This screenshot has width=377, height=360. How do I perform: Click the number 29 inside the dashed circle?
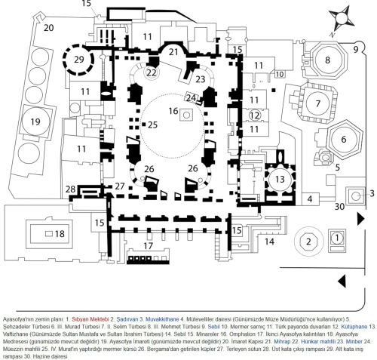pyautogui.click(x=79, y=60)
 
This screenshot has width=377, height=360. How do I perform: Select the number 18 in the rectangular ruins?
pyautogui.click(x=38, y=235)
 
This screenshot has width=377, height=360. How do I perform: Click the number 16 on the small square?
pyautogui.click(x=173, y=112)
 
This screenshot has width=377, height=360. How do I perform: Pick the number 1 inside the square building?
pyautogui.click(x=338, y=238)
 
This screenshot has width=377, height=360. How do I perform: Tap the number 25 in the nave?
pyautogui.click(x=153, y=124)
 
